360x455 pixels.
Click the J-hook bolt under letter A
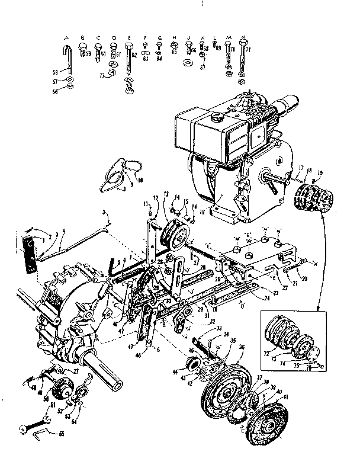67,60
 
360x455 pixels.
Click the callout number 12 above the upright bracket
156,197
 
